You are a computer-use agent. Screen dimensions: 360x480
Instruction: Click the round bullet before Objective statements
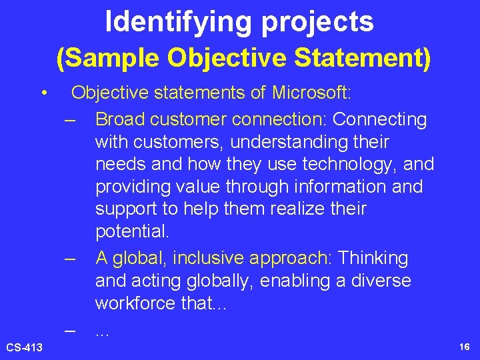coord(43,93)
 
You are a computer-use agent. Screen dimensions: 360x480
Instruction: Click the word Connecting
coord(380,119)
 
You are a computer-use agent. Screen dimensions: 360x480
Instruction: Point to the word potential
coord(132,232)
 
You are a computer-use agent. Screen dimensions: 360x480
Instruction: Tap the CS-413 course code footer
coord(25,347)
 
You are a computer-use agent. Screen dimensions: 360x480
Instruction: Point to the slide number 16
coord(464,347)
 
